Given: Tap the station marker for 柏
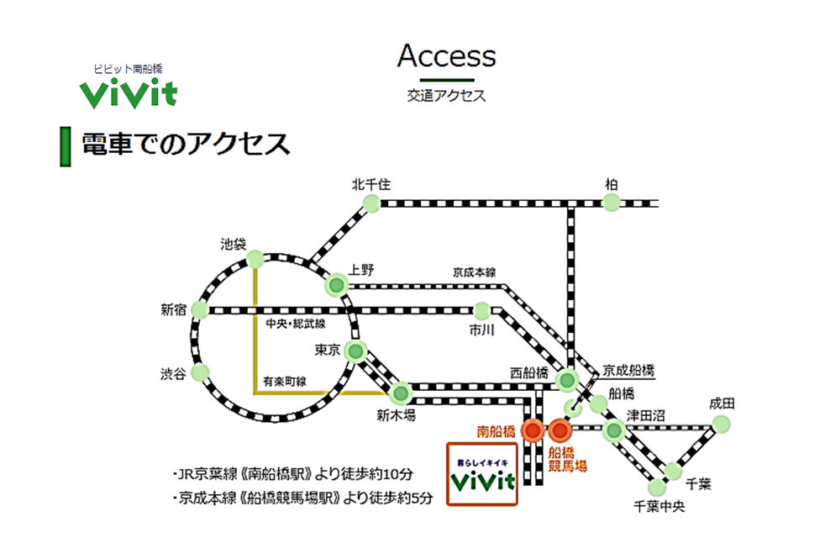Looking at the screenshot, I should [x=612, y=202].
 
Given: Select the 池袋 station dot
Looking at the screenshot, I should [x=255, y=261].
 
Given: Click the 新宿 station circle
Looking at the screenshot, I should [x=200, y=310].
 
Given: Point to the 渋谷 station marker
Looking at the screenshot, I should [x=200, y=371].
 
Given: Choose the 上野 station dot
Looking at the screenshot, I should [x=337, y=285].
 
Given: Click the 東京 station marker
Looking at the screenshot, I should [x=356, y=351].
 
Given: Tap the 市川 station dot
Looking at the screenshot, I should [x=481, y=310].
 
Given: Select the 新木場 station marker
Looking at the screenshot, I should [x=400, y=392].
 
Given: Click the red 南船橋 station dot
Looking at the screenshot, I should [x=532, y=430].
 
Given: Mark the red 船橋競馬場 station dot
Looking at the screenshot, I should [x=559, y=430].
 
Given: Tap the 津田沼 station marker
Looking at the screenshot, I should [x=614, y=430].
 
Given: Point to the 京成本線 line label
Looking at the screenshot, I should [x=475, y=272].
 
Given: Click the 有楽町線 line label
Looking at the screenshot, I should [x=284, y=382].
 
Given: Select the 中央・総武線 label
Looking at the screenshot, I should [x=295, y=324].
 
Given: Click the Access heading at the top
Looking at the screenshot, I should [x=446, y=56].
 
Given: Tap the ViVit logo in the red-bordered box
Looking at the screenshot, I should [x=481, y=480].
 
